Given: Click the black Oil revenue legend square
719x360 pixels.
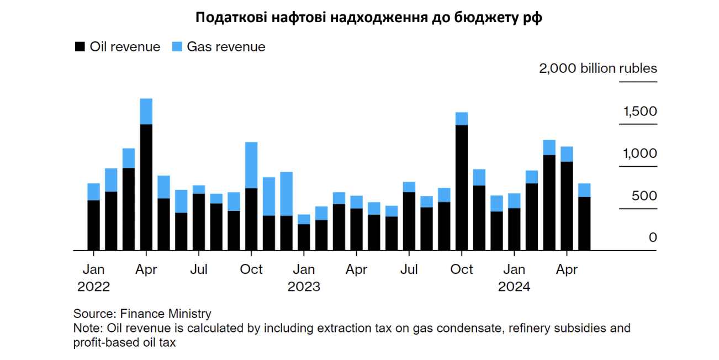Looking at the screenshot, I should coord(80,47).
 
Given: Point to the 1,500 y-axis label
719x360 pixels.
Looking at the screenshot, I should coord(640,112).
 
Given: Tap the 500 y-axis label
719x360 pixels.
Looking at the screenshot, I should coord(644,196).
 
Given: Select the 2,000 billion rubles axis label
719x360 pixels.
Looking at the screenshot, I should coord(598,68).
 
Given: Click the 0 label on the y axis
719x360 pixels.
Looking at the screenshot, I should coord(653,237).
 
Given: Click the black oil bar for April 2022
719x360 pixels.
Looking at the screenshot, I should coord(146,188).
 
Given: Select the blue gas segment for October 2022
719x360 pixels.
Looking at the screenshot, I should coord(251,165).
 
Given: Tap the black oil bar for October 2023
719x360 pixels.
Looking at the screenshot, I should coord(462,188).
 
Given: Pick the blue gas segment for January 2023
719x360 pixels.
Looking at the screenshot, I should coord(304,219).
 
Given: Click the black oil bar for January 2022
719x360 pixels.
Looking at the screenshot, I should coord(94,225).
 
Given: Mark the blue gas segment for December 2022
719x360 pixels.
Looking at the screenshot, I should coord(286,194).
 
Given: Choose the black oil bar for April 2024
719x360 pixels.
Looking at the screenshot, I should coord(567,206).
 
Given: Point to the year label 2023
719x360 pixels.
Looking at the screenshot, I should coord(304,287).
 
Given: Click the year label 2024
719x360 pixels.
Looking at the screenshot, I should coord(514,287).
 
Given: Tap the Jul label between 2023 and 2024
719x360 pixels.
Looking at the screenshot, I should coord(409,269).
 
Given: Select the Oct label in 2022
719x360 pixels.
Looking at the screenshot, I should coord(251,269).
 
